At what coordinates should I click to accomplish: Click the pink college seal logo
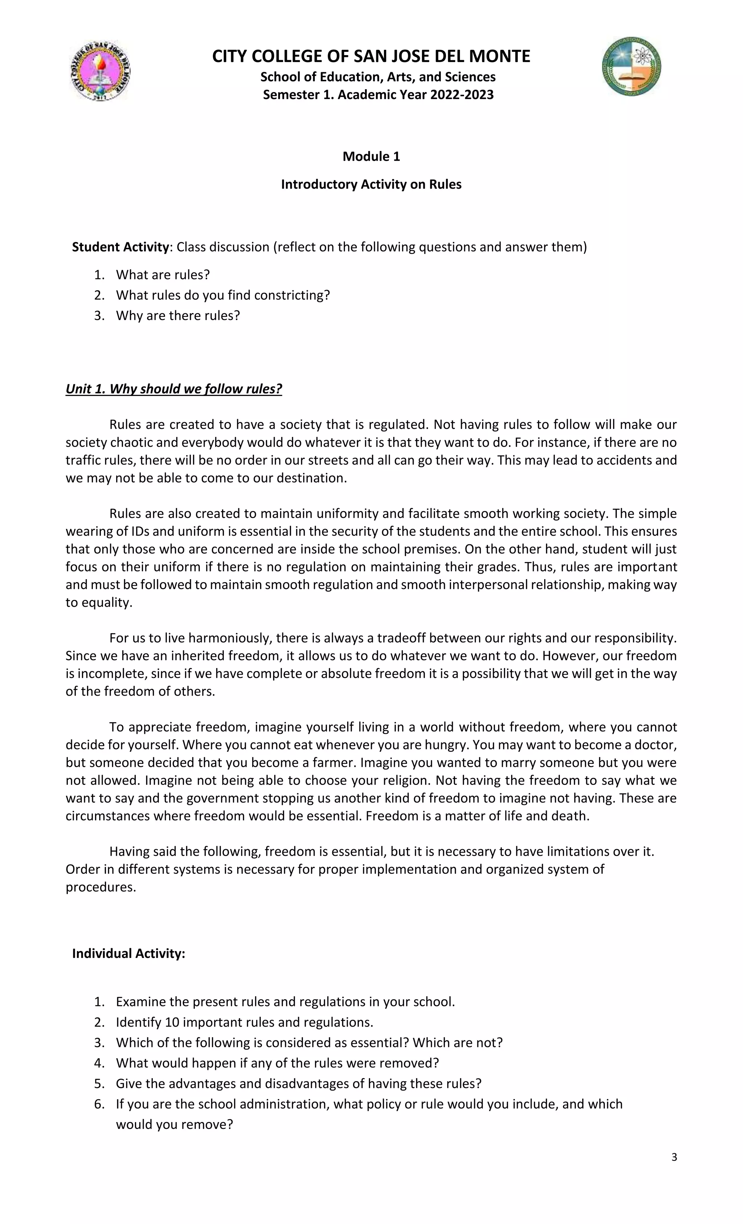[x=100, y=70]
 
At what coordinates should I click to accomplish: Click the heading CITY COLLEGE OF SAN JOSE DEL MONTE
[x=371, y=56]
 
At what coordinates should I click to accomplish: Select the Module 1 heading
[x=371, y=156]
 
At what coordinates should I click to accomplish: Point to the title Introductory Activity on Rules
[x=371, y=184]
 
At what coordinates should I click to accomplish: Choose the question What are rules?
[x=163, y=275]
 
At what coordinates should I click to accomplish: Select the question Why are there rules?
[x=178, y=315]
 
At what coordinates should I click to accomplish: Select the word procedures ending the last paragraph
[x=100, y=887]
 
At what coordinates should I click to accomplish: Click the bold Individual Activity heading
[x=129, y=953]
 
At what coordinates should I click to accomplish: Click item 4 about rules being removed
[x=277, y=1063]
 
